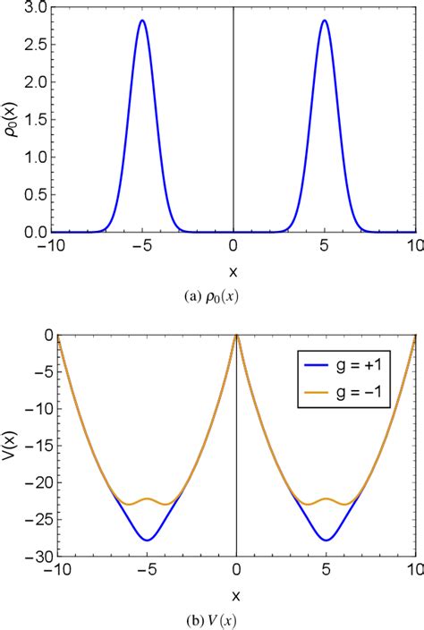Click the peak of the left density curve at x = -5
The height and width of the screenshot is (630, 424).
141,20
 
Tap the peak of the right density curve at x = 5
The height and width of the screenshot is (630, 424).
324,20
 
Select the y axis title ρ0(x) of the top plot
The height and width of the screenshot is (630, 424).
11,120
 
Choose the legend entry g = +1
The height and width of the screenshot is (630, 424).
357,365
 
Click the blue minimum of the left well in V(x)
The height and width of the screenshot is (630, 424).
147,540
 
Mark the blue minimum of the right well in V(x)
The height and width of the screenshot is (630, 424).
326,540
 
